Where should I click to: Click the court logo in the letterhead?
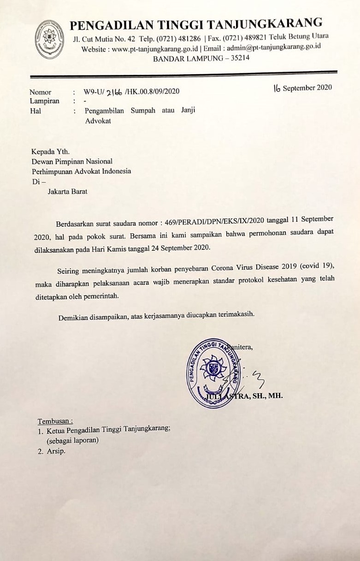(49, 39)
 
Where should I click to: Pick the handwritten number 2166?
(114, 92)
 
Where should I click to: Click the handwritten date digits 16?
(277, 89)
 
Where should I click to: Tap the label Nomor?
(41, 92)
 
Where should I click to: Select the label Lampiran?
(44, 101)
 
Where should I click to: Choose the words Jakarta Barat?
(67, 191)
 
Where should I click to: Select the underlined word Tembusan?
(55, 421)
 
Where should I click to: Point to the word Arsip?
(56, 451)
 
